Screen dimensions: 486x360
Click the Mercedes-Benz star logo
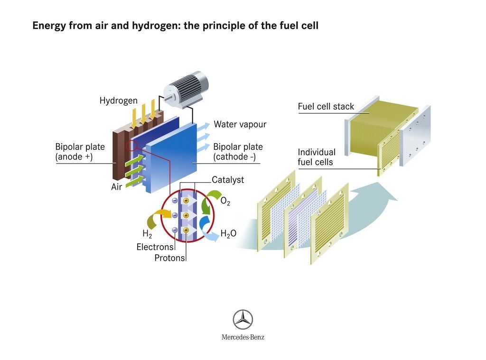pyautogui.click(x=243, y=319)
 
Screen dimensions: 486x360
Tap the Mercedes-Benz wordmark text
pyautogui.click(x=243, y=337)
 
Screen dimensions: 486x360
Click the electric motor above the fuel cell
pyautogui.click(x=186, y=89)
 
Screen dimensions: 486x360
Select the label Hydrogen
pyautogui.click(x=118, y=101)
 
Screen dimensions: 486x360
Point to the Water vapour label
pyautogui.click(x=240, y=124)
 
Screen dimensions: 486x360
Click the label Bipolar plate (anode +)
pyautogui.click(x=80, y=151)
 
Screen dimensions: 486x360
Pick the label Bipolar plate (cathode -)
pyautogui.click(x=238, y=151)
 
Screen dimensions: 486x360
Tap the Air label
pyautogui.click(x=117, y=186)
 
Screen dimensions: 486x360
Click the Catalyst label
pyautogui.click(x=228, y=180)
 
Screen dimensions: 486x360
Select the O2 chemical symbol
pyautogui.click(x=225, y=202)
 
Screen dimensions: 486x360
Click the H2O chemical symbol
pyautogui.click(x=228, y=233)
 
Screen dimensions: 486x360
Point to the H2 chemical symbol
pyautogui.click(x=147, y=233)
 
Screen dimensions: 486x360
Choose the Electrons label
pyautogui.click(x=155, y=247)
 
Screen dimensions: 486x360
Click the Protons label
pyautogui.click(x=169, y=258)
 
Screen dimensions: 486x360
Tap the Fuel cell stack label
pyautogui.click(x=326, y=107)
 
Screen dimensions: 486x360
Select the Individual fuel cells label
pyautogui.click(x=317, y=157)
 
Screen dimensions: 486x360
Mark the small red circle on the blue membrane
pyautogui.click(x=131, y=145)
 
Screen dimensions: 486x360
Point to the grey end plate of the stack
pyautogui.click(x=415, y=136)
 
